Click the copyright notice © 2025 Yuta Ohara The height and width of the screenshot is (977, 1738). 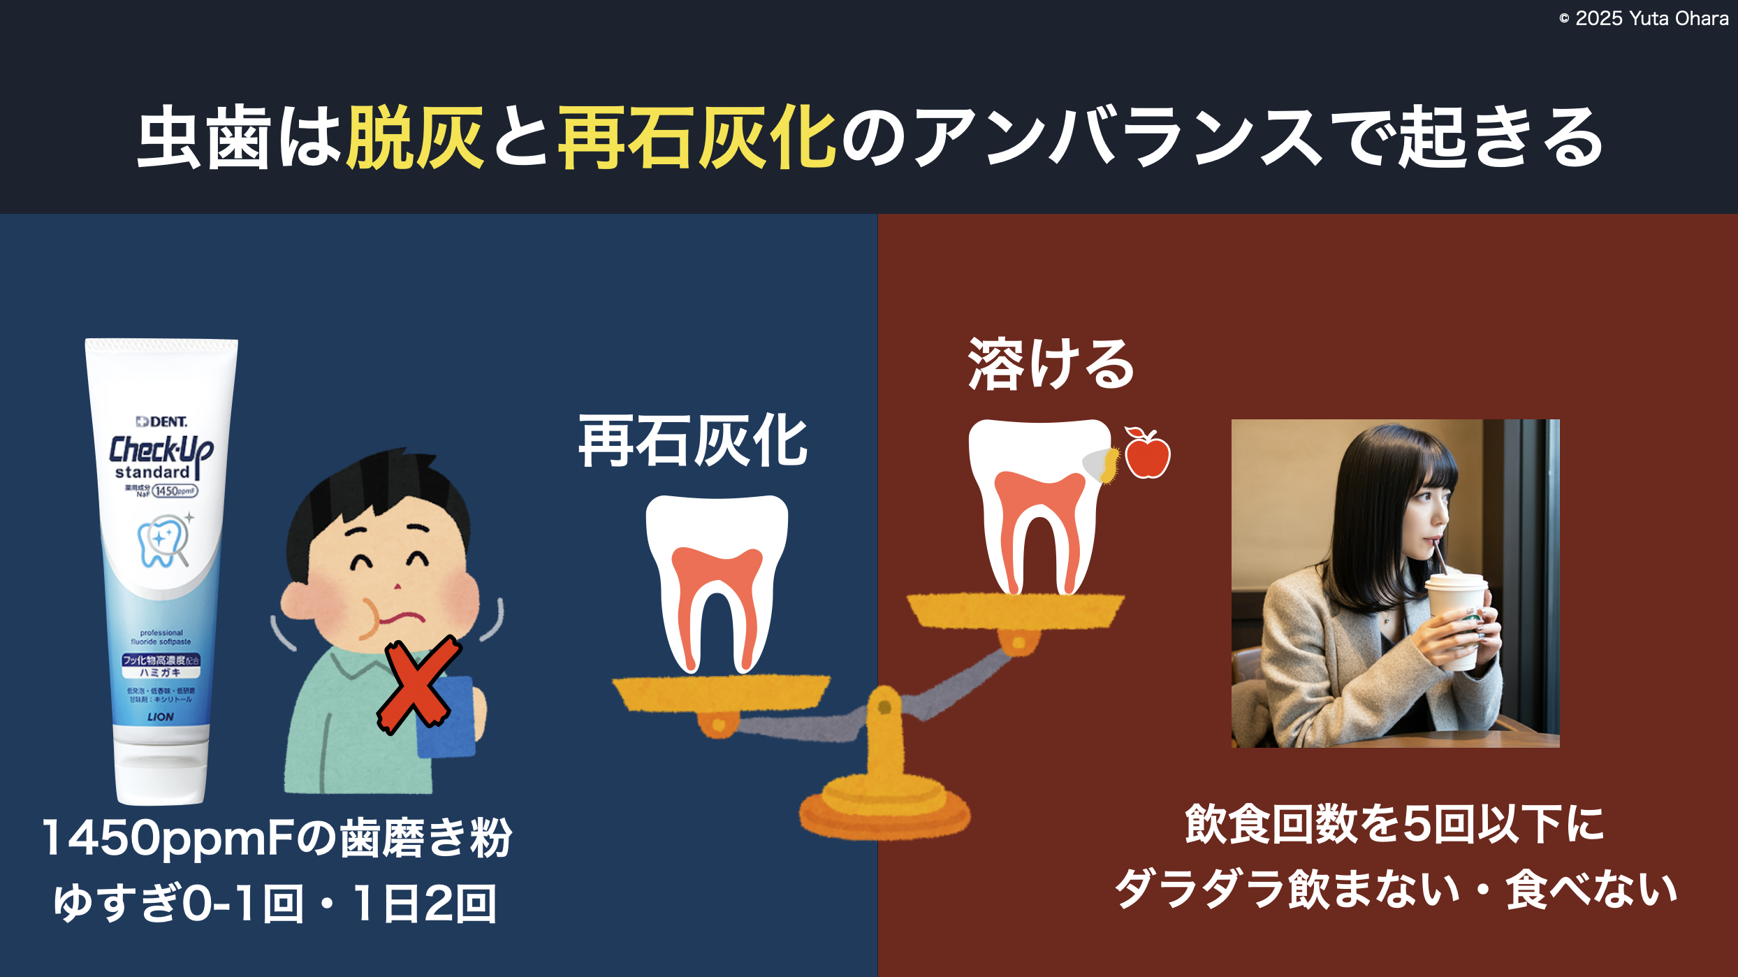[1643, 19]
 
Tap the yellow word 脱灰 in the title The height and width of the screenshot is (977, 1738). [415, 138]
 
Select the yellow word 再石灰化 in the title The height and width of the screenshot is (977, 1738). [696, 138]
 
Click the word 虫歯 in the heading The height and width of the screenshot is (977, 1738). [203, 138]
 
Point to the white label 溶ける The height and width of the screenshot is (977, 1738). [1051, 364]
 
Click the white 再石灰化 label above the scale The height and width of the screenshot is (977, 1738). [693, 441]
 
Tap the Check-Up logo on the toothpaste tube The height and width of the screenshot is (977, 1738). [161, 451]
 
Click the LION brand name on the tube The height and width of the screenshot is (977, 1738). [161, 716]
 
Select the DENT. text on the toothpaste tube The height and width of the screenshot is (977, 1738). [162, 421]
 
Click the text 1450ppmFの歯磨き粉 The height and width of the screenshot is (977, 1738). [277, 837]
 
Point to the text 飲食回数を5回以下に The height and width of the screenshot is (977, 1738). [1394, 825]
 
